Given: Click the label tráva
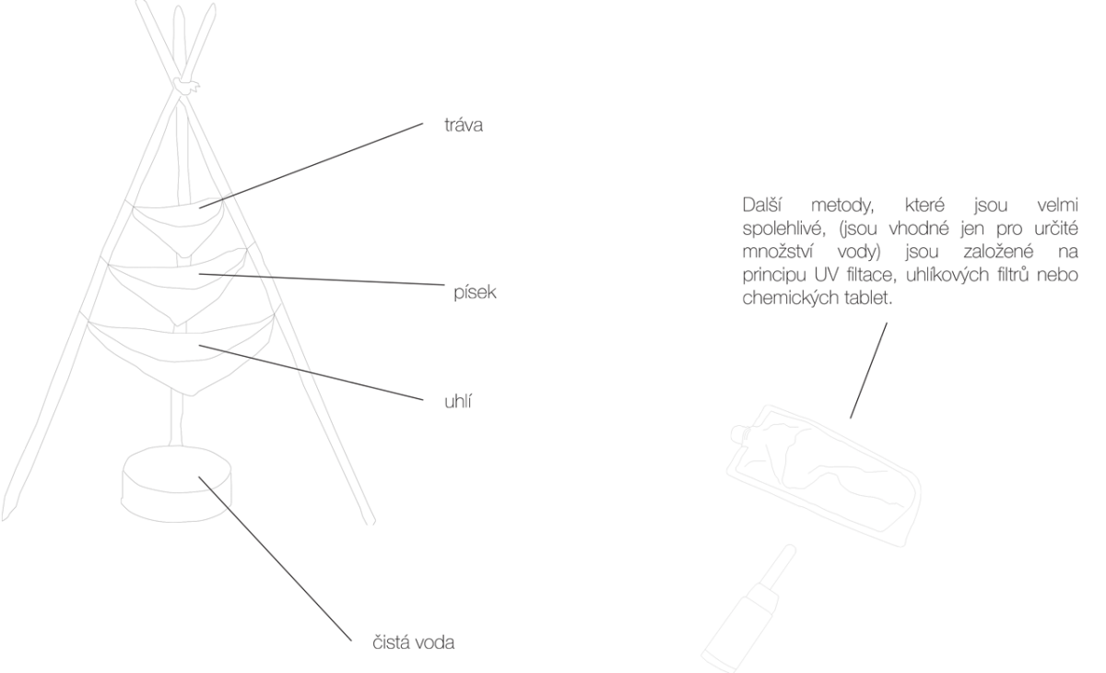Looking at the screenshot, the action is [463, 125].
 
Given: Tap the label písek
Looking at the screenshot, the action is [475, 292].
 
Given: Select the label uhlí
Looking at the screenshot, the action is [458, 401].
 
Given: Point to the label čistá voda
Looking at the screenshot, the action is [413, 643].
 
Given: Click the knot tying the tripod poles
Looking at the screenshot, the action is [186, 86].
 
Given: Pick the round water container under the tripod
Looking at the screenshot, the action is [176, 484].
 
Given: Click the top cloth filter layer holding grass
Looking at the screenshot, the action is [178, 226].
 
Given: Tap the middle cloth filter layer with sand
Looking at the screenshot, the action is [178, 287].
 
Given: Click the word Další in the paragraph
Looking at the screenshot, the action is [762, 205].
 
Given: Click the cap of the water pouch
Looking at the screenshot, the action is [740, 433].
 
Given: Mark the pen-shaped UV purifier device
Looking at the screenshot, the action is [749, 608].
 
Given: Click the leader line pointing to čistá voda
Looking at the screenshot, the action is [275, 559].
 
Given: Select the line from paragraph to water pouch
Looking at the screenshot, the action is [868, 371].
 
